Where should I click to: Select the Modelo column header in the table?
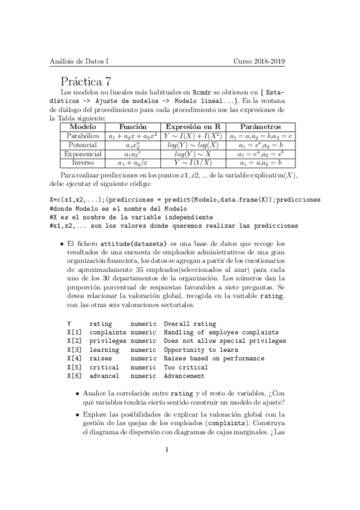pos(83,127)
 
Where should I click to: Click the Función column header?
pos(133,127)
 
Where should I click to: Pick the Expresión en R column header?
pos(192,127)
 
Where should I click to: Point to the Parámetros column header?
pos(260,127)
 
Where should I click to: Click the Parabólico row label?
pos(83,137)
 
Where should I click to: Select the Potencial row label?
pos(83,145)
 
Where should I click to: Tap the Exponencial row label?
pos(83,154)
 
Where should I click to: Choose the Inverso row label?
pos(83,162)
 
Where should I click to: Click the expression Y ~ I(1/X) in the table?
pos(192,162)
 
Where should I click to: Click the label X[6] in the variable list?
pos(75,376)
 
